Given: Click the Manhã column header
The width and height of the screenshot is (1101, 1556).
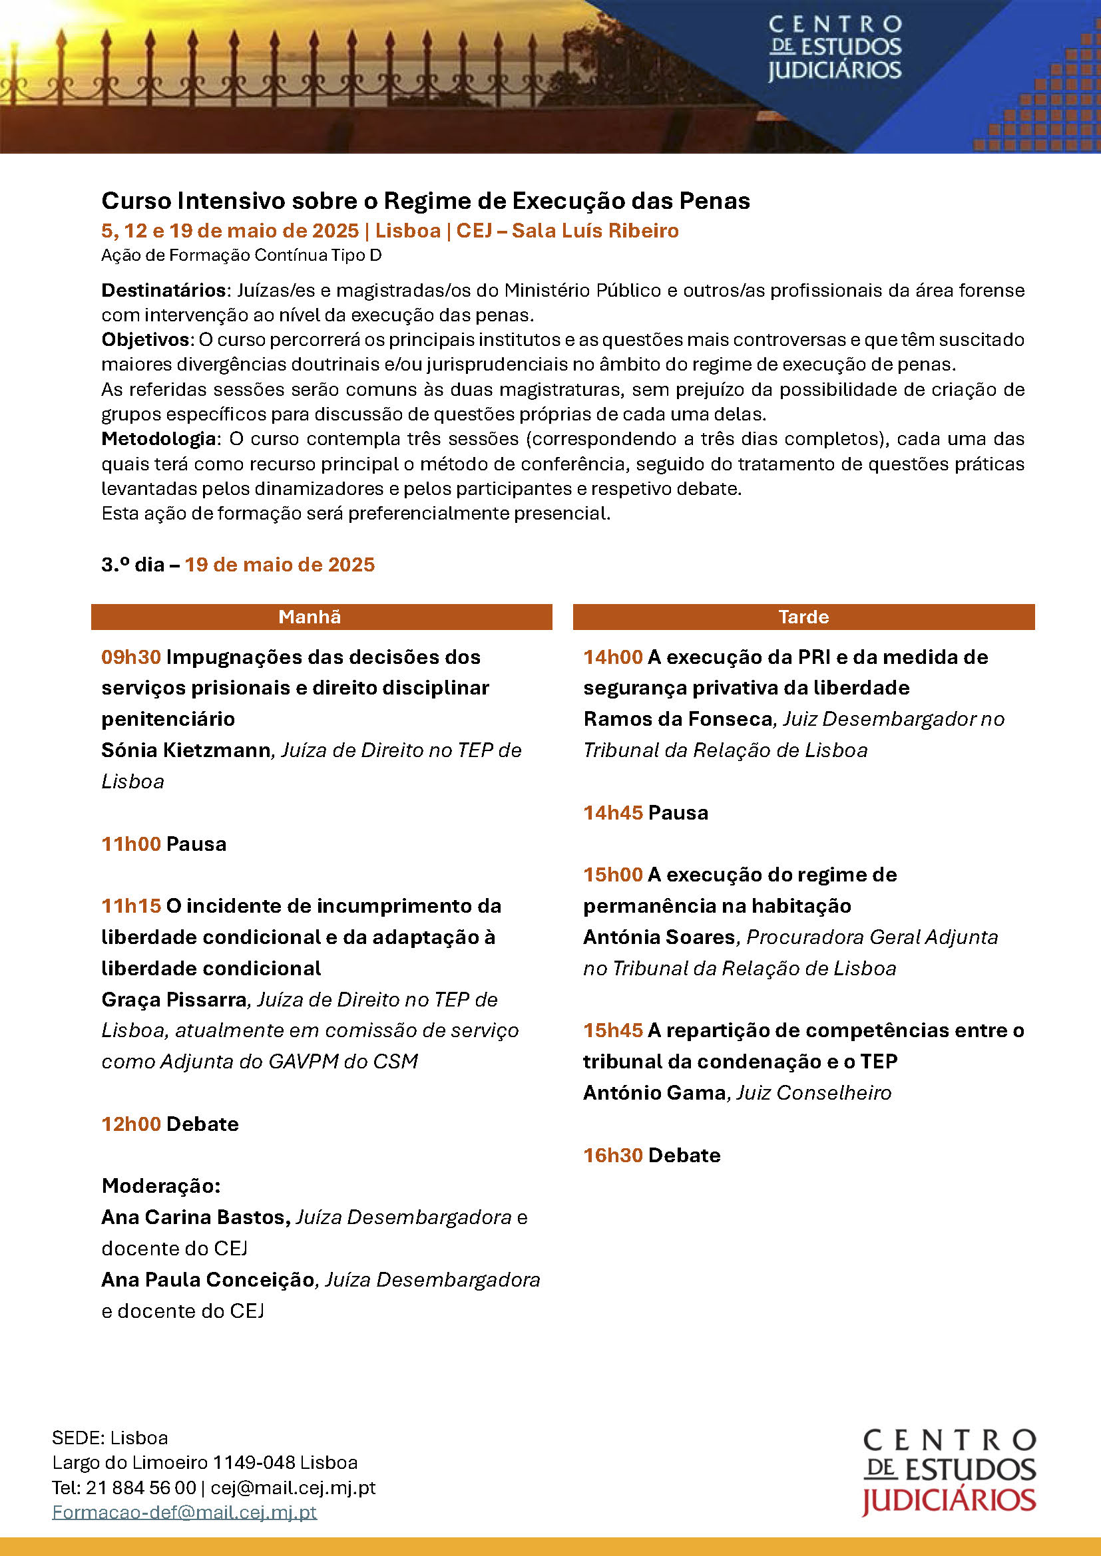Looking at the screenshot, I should coord(309,617).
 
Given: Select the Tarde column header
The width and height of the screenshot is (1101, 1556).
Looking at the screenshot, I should coord(803,617).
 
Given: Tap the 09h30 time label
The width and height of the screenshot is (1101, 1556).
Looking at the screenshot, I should coord(131,657).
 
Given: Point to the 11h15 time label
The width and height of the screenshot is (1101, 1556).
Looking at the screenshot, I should coord(131,905).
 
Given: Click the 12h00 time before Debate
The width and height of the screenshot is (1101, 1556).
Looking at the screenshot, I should coord(131,1124).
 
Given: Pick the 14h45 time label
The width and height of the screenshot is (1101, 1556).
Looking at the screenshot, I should coord(613,812).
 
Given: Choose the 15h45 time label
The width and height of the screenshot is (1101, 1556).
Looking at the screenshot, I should coord(613,1030).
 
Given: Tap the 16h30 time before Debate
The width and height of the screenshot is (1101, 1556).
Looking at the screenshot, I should coord(613,1155).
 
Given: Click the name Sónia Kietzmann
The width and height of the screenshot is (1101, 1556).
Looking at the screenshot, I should coord(186,750).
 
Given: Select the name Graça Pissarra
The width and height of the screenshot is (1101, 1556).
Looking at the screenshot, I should coord(174,1000).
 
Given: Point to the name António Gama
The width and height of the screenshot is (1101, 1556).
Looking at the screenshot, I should coord(654,1092).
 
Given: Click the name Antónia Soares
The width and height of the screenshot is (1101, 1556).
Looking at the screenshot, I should coord(659,937).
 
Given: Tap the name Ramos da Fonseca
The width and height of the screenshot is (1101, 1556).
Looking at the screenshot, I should coord(678,719).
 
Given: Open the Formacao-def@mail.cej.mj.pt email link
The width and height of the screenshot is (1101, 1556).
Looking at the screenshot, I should coord(184,1512).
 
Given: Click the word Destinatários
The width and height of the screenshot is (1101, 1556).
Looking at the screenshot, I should coord(163,291).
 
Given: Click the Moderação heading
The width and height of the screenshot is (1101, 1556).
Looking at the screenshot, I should coord(160,1186).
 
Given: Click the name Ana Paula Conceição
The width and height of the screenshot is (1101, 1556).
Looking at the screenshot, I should coord(208,1279).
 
